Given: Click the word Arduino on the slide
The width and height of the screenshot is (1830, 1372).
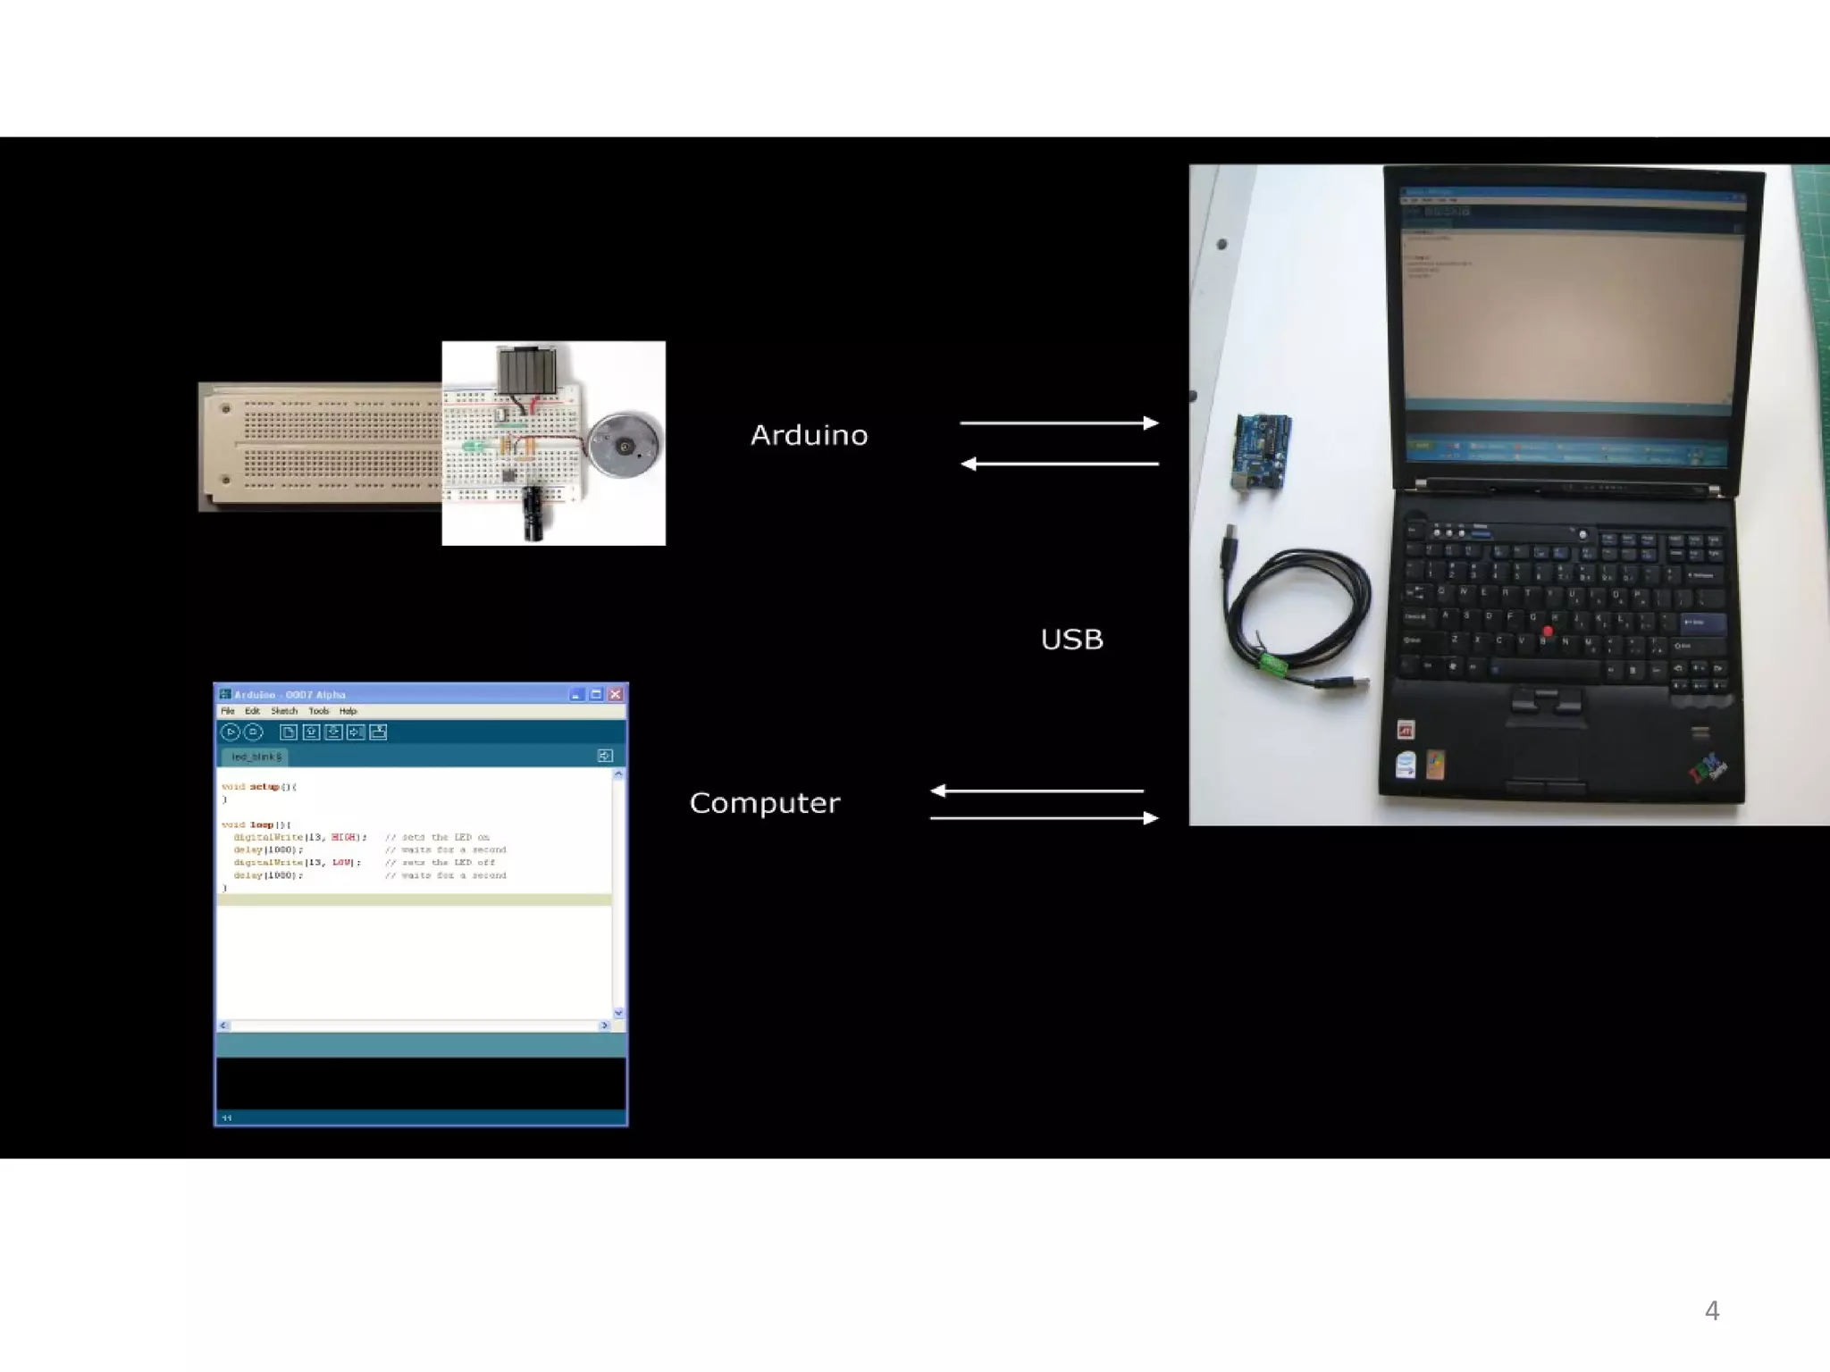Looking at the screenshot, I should [809, 435].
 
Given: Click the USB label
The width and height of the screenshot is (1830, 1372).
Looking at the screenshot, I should [1071, 640].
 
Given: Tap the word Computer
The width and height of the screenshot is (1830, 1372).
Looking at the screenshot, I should [764, 803].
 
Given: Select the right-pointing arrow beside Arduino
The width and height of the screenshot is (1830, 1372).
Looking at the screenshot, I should [1059, 422].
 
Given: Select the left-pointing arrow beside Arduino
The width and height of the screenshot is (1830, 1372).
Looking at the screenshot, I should [1059, 464].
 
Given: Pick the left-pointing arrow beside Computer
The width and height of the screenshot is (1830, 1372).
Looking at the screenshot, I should [1037, 791].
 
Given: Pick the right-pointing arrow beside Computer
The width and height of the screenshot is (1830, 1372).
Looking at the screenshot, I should [1044, 817].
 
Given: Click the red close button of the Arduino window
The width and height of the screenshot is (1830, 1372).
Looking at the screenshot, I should [616, 694].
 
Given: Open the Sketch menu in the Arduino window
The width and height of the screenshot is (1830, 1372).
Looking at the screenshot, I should [284, 711].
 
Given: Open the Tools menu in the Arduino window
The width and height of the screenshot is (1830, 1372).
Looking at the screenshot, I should [319, 711].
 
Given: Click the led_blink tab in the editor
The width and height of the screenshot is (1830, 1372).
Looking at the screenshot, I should [256, 757].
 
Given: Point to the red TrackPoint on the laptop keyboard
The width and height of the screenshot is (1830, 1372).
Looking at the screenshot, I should [1548, 632].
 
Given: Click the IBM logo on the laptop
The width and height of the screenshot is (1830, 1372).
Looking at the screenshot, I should [1707, 767].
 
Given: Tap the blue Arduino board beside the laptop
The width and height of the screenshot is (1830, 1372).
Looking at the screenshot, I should [1261, 450].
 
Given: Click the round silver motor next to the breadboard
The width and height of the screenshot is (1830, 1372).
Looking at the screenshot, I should [624, 444].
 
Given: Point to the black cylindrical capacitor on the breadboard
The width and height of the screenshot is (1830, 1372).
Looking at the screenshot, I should [534, 513].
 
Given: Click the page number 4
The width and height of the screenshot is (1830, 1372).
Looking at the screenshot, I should [1711, 1310].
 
